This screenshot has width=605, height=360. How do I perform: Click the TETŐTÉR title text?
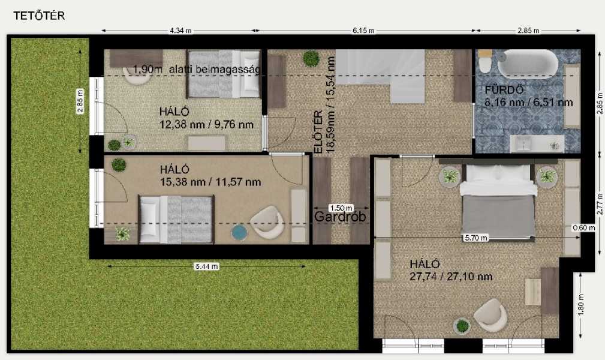[x=39, y=16]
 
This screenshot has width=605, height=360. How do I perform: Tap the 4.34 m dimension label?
[x=180, y=31]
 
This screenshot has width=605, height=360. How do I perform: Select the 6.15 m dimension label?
[x=363, y=31]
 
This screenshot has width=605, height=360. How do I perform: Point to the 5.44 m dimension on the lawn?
[x=207, y=266]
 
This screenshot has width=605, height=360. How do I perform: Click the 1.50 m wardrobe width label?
[x=341, y=208]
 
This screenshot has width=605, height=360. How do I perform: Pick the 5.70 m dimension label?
[x=475, y=238]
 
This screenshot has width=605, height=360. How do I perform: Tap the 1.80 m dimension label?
[x=581, y=304]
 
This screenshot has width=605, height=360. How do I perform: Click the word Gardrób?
[x=340, y=217]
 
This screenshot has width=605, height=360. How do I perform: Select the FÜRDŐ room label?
[x=504, y=91]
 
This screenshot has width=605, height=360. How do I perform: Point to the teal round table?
[x=239, y=233]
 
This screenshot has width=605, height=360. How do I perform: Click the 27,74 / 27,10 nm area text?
[x=451, y=277]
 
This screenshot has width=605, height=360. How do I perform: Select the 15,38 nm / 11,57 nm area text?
[x=210, y=182]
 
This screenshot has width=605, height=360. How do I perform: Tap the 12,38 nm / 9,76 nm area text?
[x=206, y=124]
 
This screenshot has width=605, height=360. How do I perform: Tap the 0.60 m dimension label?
[x=583, y=228]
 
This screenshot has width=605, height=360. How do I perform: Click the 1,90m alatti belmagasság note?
[x=197, y=70]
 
